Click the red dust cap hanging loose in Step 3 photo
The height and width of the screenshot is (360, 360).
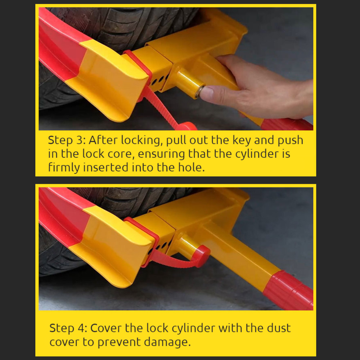pyautogui.click(x=187, y=126)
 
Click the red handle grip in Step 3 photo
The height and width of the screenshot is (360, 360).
pyautogui.click(x=287, y=124)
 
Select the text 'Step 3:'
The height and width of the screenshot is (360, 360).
pyautogui.click(x=67, y=140)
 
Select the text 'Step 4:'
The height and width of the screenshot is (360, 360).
pyautogui.click(x=68, y=328)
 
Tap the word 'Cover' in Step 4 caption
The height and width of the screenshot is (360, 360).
pyautogui.click(x=106, y=328)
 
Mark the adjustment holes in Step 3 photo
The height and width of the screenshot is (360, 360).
pyautogui.click(x=160, y=80)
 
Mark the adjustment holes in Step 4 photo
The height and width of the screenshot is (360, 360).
pyautogui.click(x=161, y=247)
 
